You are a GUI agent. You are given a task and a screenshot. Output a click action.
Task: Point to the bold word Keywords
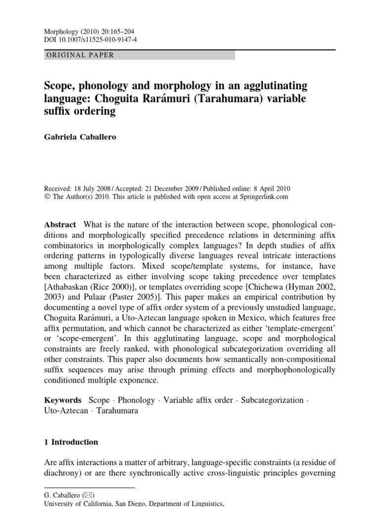click(63, 400)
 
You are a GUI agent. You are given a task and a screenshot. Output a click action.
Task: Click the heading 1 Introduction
click(71, 442)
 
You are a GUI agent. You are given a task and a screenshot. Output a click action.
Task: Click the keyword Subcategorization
click(272, 400)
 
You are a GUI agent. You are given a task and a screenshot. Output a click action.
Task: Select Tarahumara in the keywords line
click(118, 411)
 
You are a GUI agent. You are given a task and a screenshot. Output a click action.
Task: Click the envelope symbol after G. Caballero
click(90, 495)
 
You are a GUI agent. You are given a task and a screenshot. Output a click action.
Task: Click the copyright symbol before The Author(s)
click(47, 197)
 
